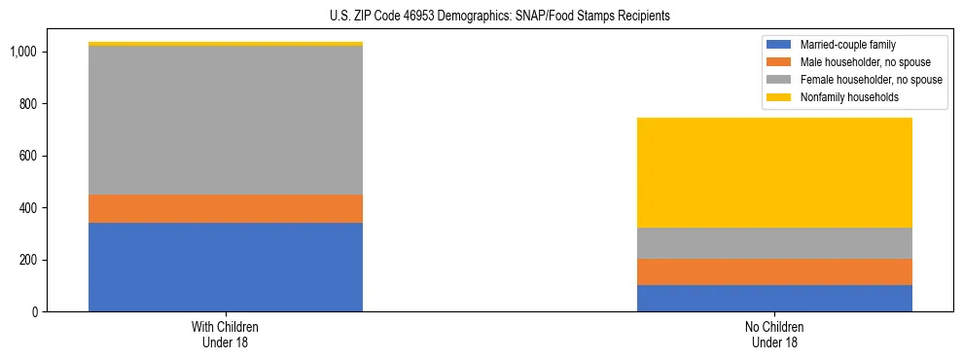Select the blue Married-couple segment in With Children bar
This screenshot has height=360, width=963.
pos(226,267)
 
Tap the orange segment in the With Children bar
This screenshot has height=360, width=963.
pos(226,208)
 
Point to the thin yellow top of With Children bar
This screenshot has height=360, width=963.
pos(226,44)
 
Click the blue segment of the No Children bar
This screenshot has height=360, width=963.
pos(774,298)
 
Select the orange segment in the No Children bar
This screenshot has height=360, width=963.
pos(774,271)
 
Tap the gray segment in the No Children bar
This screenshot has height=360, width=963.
pos(774,243)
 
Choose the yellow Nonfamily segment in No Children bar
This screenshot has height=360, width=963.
pos(774,172)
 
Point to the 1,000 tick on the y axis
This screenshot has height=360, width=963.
pos(22,52)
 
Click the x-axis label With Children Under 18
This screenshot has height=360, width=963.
pos(226,335)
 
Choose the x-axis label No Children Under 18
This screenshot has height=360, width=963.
pos(774,335)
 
